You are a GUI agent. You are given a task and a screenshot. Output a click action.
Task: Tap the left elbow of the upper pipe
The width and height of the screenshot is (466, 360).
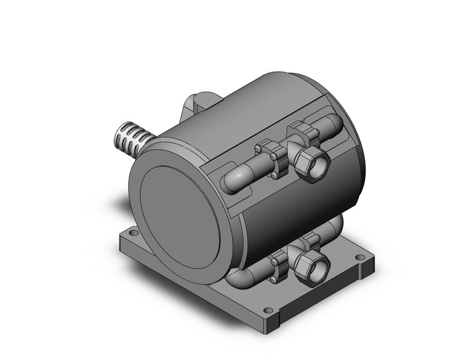pos(235,182)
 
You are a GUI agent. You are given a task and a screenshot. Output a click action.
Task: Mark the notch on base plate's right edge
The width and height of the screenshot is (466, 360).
pos(358,281)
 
